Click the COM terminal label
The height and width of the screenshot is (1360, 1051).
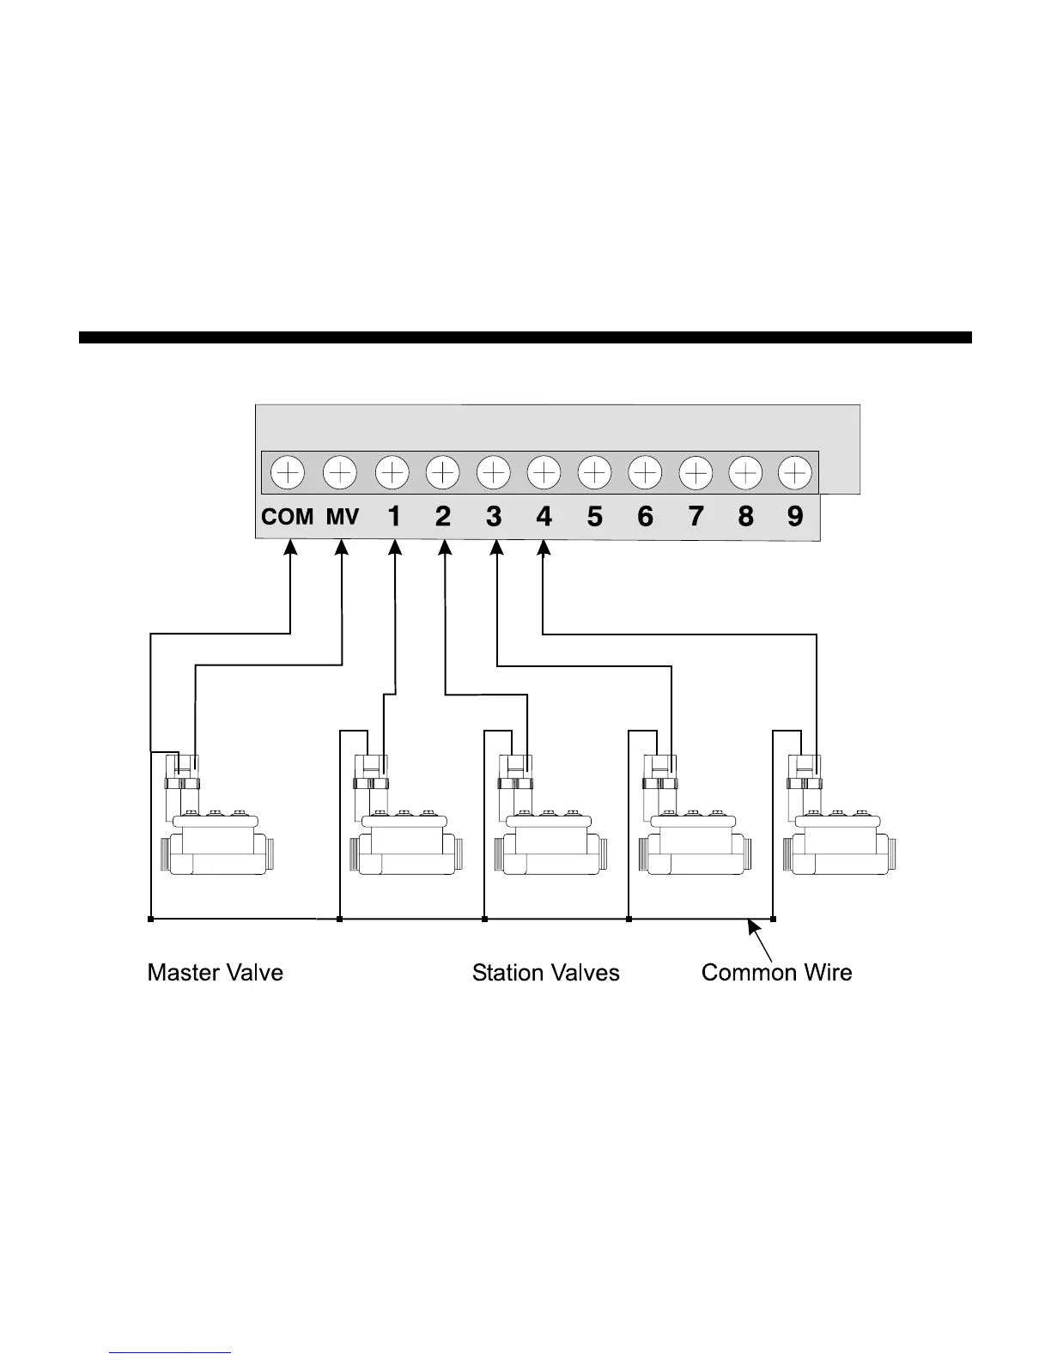pos(287,517)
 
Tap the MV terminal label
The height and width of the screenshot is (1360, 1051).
pos(342,517)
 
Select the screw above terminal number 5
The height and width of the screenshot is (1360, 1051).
pos(594,472)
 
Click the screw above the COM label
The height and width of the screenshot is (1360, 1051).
pos(288,472)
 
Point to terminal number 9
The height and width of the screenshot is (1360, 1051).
pos(795,516)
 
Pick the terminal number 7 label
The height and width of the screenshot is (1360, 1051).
pos(696,516)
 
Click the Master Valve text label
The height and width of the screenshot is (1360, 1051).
pos(215,973)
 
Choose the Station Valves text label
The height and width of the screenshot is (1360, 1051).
pos(545,973)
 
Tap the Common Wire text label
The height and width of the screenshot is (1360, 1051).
pos(776,973)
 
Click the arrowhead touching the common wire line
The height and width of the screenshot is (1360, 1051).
pos(753,926)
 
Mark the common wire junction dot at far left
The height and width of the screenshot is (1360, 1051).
pos(150,920)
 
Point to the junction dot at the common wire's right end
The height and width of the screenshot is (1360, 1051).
pos(774,920)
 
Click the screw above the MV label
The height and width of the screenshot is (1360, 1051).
pos(340,472)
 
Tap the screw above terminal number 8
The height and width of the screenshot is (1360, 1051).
pos(745,472)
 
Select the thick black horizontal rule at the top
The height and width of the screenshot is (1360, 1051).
pos(525,337)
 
